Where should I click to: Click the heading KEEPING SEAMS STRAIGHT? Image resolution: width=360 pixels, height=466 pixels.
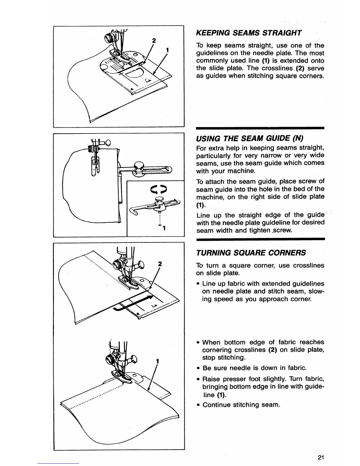(249, 33)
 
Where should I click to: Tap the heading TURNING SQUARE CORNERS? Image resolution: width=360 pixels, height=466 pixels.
(251, 253)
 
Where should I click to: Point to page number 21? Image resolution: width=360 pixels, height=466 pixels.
(321, 457)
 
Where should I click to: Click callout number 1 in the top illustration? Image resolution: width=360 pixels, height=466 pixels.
(167, 50)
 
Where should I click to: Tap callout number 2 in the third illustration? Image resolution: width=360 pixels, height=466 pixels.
(160, 264)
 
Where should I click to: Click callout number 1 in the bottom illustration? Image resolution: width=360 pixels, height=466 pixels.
(158, 361)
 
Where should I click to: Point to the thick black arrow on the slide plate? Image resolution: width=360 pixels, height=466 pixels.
(134, 303)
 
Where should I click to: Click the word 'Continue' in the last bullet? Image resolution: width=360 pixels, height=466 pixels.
(216, 405)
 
